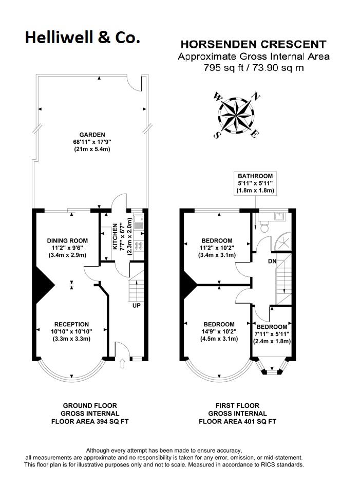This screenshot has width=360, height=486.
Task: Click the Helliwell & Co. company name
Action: click(82, 38)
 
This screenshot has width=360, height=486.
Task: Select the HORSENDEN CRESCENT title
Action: click(253, 44)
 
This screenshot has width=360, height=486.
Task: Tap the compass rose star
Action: click(236, 115)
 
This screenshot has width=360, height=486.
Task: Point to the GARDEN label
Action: click(92, 135)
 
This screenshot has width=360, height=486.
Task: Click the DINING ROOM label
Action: click(67, 240)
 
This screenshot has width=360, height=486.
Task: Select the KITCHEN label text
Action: click(115, 236)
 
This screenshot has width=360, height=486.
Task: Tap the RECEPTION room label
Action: click(71, 324)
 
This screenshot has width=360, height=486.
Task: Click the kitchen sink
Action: click(139, 222)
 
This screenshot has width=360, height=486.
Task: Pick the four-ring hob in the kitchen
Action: click(139, 246)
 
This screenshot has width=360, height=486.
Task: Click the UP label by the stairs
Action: click(136, 305)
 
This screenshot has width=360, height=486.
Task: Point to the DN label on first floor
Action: click(272, 261)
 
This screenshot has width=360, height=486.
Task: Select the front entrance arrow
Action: click(122, 363)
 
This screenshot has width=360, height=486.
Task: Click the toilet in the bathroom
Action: click(264, 227)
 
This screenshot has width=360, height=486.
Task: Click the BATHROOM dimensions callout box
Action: click(255, 183)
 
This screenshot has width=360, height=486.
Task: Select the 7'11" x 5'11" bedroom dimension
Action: click(272, 334)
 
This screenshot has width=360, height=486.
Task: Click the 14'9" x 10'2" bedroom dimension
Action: click(219, 331)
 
